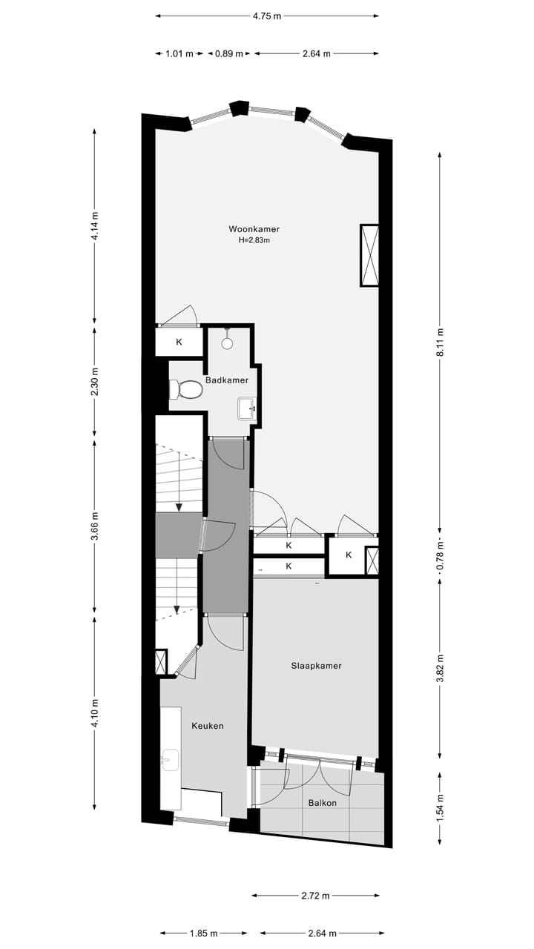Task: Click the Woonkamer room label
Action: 254,229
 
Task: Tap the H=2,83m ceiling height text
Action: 254,240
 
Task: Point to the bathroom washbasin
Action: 247,408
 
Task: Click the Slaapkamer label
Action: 316,666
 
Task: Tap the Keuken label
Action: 207,726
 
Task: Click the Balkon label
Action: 323,803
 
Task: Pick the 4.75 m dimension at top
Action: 267,15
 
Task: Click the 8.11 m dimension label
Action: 440,342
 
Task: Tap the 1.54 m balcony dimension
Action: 440,807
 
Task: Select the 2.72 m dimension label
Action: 316,896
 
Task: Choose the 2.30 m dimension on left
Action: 94,381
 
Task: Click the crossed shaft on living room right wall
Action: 369,255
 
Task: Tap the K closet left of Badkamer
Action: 179,343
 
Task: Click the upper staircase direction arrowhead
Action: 179,506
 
